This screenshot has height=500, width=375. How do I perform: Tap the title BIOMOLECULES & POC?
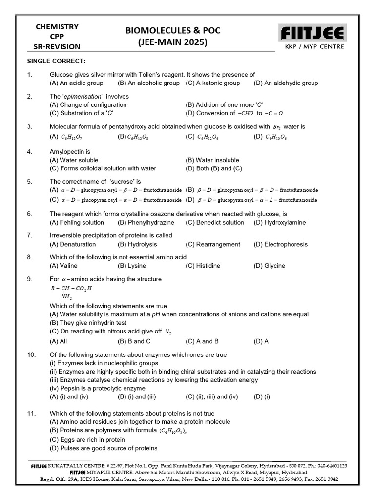(172, 31)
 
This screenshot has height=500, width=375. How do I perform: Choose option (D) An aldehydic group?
(286, 83)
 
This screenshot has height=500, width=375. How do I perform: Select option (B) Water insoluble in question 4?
(212, 160)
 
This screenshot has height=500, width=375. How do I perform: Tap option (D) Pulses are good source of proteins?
(104, 448)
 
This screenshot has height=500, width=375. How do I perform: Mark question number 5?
(29, 181)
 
